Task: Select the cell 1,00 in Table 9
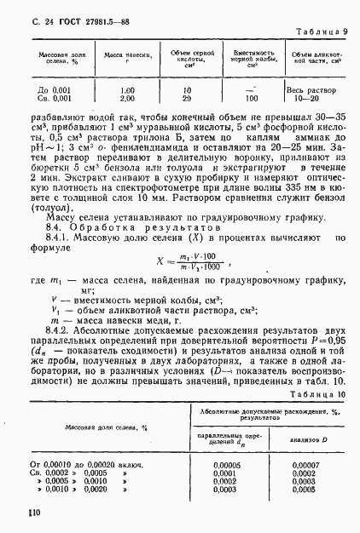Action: click(127, 89)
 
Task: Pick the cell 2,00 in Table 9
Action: click(127, 98)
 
